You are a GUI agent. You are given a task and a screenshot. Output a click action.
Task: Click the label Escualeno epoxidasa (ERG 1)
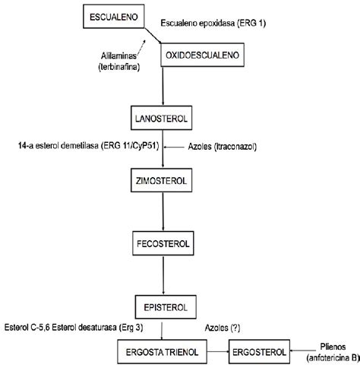tap(213, 24)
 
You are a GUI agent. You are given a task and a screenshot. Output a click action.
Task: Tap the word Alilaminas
tap(118, 56)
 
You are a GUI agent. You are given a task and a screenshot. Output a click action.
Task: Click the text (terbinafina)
tap(119, 67)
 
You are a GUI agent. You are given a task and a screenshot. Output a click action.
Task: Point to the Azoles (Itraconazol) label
tap(223, 147)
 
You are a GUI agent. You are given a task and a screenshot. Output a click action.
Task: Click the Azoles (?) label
tap(223, 328)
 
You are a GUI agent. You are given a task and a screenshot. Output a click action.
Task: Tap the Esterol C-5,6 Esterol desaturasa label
tap(74, 328)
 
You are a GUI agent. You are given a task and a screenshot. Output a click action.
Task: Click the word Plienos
tap(333, 347)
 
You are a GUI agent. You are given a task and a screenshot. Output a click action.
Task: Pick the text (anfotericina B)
tap(333, 357)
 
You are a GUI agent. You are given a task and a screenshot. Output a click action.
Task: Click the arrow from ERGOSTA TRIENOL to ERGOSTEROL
tap(218, 351)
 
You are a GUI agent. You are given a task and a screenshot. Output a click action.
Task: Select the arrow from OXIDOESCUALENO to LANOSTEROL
tap(163, 86)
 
